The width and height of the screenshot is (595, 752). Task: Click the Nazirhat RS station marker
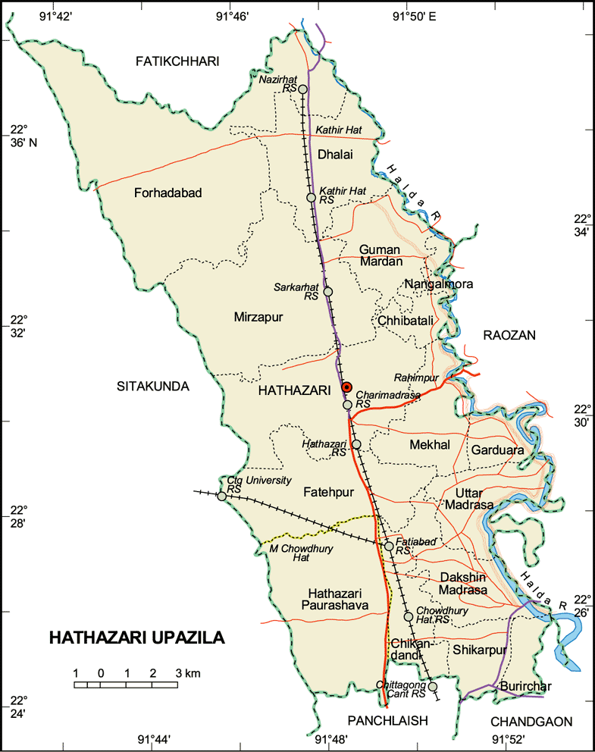[x=302, y=89]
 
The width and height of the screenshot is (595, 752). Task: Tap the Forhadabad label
[x=168, y=193]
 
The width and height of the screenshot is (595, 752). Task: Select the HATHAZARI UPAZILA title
[x=137, y=638]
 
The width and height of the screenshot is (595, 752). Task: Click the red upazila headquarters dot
[x=346, y=387]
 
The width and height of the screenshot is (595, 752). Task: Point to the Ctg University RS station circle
[x=221, y=497]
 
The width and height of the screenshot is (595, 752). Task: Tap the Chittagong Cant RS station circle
[x=433, y=687]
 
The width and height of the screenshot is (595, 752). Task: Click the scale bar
[x=126, y=685]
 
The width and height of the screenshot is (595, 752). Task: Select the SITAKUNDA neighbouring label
[x=152, y=387]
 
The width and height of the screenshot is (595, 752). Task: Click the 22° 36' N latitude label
[x=19, y=136]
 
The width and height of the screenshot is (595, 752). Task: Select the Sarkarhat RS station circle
[x=327, y=291]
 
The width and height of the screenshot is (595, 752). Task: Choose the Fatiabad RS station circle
[x=389, y=546]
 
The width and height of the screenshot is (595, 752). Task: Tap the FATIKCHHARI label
[x=177, y=61]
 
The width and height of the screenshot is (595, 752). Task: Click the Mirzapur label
[x=258, y=318]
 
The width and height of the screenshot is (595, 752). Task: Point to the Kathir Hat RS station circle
[x=311, y=198]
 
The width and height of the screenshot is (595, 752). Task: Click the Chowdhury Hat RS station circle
[x=409, y=616]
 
